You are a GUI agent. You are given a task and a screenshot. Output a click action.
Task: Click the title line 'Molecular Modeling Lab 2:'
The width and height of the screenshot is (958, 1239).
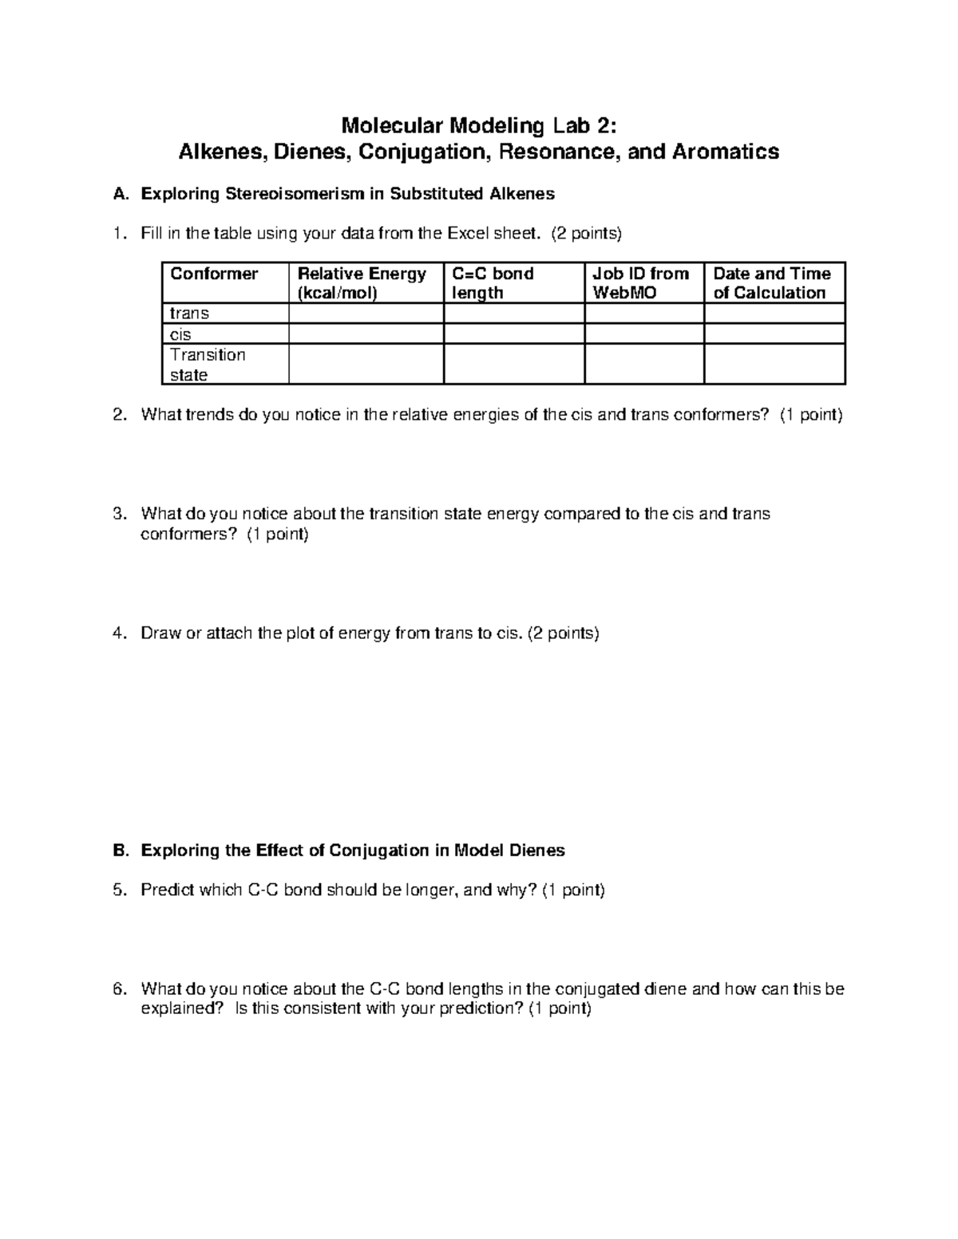[x=479, y=125]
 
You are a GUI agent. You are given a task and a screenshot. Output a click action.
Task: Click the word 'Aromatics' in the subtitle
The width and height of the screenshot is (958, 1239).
[x=726, y=152]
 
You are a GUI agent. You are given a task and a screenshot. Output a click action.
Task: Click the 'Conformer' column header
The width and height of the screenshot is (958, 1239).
[x=214, y=274]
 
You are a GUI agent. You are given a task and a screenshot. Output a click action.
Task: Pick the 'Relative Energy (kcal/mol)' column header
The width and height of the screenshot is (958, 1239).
[x=362, y=283]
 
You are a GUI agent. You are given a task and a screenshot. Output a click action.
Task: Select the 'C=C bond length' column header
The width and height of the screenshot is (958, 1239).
[x=493, y=283]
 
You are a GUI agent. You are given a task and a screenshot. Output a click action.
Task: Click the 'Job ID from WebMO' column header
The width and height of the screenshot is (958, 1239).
[x=640, y=283]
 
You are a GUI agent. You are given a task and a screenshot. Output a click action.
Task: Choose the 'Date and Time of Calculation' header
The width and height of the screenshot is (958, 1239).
[x=771, y=283]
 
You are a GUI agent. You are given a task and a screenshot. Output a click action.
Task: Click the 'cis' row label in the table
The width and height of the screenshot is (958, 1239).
[x=180, y=334]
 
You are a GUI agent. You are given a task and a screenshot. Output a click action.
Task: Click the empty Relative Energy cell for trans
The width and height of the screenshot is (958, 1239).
[x=366, y=314]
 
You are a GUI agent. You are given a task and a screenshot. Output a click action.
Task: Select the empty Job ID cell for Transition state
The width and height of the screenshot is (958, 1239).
[x=643, y=365]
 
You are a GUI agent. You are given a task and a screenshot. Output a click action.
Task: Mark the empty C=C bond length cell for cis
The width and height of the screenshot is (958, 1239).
[x=513, y=334]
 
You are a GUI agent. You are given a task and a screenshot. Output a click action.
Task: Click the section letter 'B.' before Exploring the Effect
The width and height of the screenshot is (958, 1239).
[x=121, y=850]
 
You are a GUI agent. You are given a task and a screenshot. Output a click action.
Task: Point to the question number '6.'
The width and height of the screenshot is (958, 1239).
[x=120, y=989]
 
